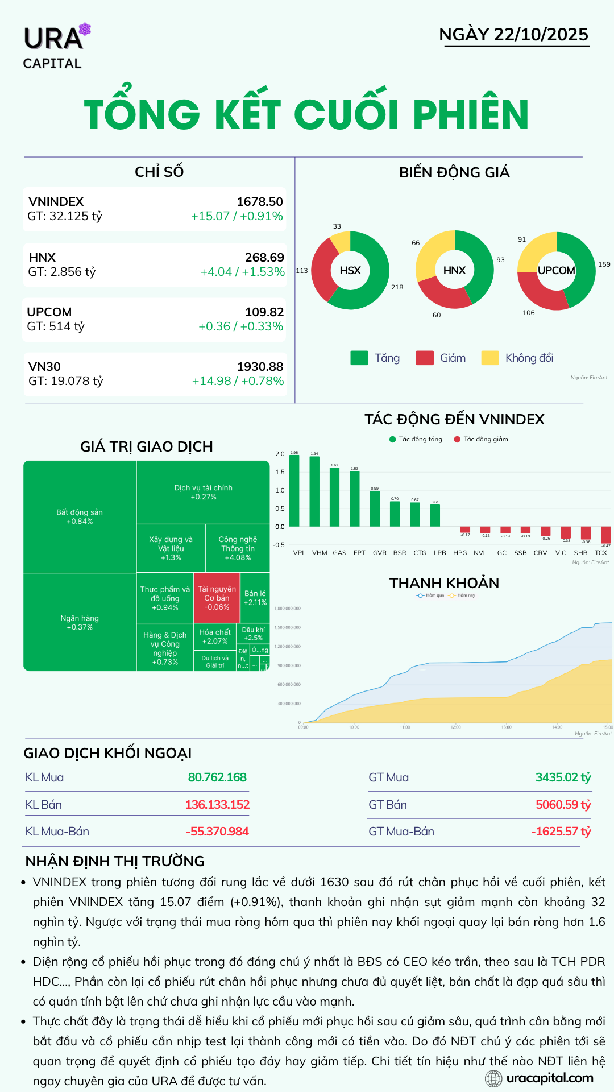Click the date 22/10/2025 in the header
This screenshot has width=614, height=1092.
541,35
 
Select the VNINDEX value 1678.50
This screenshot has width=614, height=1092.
260,202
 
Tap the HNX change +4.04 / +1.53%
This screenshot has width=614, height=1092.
242,272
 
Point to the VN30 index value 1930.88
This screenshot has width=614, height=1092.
260,367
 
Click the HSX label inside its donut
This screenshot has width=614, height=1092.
350,271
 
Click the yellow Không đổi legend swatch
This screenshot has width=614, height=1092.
489,358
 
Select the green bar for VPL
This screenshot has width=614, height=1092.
294,490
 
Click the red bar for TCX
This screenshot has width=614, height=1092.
606,535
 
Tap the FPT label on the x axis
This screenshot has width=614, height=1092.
359,553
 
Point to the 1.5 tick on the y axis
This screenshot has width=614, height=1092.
280,472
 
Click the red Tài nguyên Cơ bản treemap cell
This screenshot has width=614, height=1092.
217,598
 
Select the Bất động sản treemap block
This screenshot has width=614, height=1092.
80,516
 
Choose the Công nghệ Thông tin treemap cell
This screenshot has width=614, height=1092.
238,548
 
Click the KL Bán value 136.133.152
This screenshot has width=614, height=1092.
217,805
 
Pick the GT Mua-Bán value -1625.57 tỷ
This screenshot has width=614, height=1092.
561,832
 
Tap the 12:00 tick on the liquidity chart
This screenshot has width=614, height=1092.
455,727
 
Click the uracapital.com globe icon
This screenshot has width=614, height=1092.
493,1078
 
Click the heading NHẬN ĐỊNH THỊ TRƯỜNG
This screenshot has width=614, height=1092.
115,861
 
